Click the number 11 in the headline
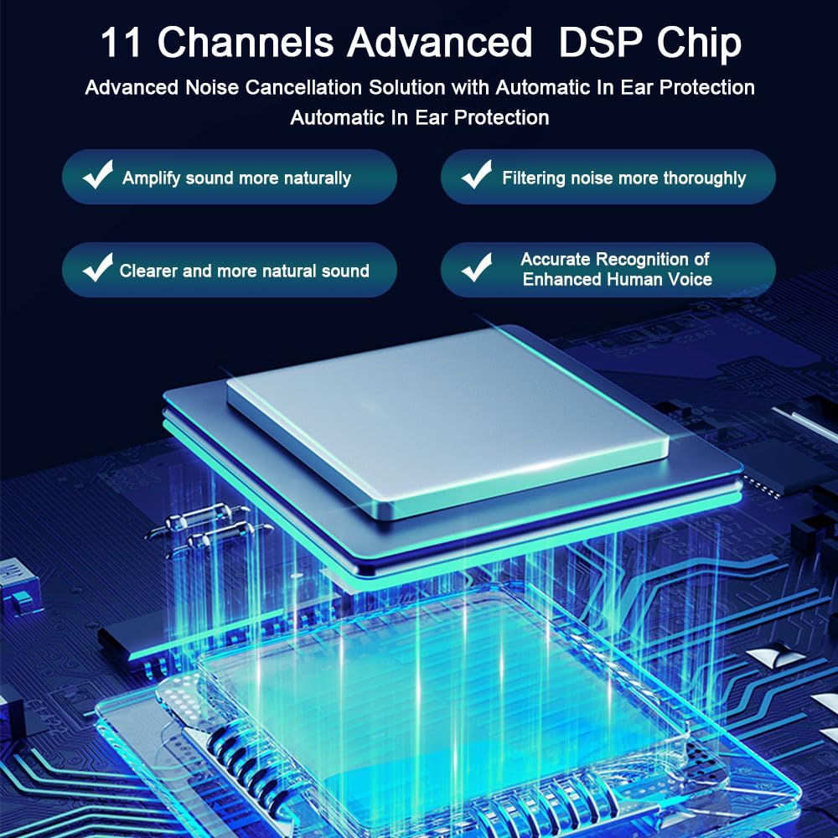click(x=122, y=42)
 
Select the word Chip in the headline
click(x=699, y=44)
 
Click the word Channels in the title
click(x=246, y=42)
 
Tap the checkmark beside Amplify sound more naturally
click(x=98, y=174)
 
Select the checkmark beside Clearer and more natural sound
click(x=98, y=267)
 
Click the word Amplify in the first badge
click(x=151, y=178)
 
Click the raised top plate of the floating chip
click(x=447, y=422)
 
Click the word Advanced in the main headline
click(x=439, y=42)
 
